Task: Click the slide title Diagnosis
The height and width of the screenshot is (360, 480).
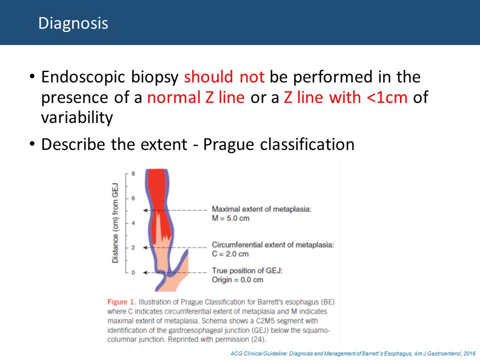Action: (73, 23)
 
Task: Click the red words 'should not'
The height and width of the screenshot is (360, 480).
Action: (224, 76)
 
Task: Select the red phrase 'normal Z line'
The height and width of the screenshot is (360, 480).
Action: (196, 97)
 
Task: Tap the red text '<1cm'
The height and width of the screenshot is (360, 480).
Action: (387, 97)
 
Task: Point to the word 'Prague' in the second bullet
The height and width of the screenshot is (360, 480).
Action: (228, 144)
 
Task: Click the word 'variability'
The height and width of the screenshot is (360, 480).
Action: (77, 117)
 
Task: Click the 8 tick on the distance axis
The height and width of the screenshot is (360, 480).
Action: (133, 173)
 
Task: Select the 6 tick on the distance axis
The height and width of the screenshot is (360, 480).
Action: (133, 198)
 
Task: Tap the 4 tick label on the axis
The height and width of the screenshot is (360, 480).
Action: (133, 223)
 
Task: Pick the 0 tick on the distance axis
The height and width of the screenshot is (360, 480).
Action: (133, 272)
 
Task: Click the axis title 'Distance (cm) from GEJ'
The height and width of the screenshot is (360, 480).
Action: (115, 223)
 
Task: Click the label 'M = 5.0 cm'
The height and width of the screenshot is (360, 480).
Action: (230, 218)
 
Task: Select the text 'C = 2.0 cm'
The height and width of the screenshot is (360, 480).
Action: (230, 254)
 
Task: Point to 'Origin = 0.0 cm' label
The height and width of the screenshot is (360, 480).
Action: (237, 280)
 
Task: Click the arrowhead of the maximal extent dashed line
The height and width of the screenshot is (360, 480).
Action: (145, 210)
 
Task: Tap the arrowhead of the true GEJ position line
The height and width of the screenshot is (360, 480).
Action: (145, 272)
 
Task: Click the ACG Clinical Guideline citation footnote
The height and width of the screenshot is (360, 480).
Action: (353, 353)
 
